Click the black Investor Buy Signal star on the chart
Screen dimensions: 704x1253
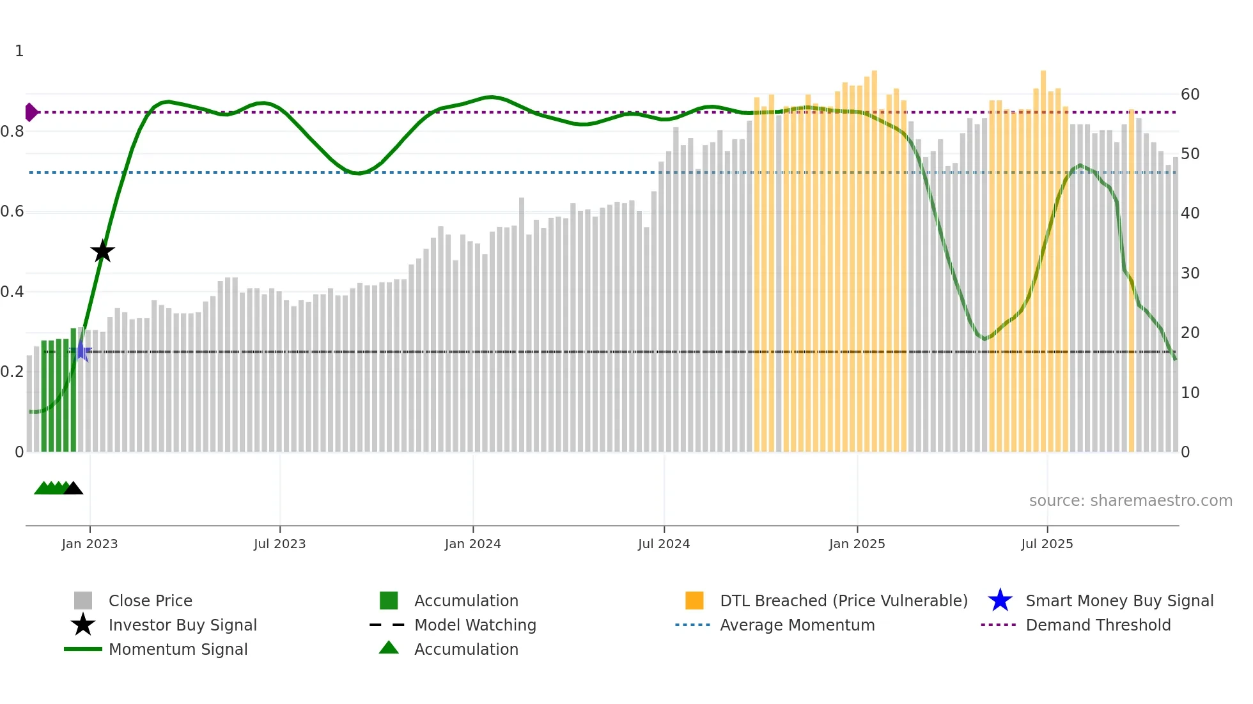[x=102, y=252]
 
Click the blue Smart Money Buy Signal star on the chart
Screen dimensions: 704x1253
[x=82, y=351]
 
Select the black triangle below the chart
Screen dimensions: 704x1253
[x=74, y=489]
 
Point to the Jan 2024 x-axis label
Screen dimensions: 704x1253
[x=472, y=544]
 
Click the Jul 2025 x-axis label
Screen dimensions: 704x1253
[x=1047, y=544]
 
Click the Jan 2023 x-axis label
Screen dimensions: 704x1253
[x=89, y=544]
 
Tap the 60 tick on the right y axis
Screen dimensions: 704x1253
[x=1190, y=95]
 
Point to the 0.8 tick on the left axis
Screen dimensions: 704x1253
[x=13, y=132]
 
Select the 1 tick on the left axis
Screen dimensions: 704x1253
[x=19, y=51]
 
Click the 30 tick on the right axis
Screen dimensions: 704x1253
[x=1190, y=273]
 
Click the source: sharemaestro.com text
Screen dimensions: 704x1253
[x=1130, y=501]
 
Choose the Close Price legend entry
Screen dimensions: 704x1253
[x=150, y=601]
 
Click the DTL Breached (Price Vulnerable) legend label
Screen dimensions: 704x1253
[x=843, y=601]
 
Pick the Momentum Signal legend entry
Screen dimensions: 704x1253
[x=178, y=649]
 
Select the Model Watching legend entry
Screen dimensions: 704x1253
[x=475, y=625]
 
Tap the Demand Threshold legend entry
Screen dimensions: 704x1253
[x=1098, y=625]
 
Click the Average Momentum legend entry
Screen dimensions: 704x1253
[x=797, y=625]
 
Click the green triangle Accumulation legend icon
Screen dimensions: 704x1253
[x=389, y=648]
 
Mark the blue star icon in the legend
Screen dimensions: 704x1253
[x=1000, y=601]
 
